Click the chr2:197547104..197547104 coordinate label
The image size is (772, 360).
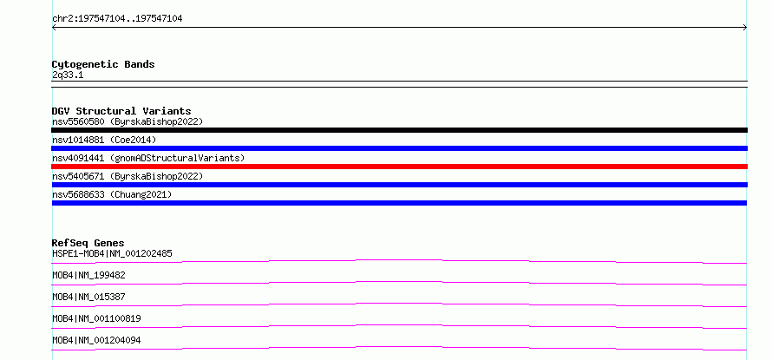[117, 19]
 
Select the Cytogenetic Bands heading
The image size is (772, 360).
[103, 64]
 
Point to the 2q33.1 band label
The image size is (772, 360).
[68, 75]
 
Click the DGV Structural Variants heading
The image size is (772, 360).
[121, 111]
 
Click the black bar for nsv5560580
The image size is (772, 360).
[399, 130]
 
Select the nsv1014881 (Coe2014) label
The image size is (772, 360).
[104, 140]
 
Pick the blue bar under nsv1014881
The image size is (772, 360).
[399, 148]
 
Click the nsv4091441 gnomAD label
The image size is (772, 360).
[148, 158]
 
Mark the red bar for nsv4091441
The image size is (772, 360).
[399, 167]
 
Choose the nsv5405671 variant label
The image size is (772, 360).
[128, 176]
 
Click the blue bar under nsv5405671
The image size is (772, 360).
[399, 185]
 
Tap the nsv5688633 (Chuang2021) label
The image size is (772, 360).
[112, 194]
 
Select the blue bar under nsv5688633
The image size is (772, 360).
[399, 203]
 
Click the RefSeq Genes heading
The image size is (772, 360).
[88, 243]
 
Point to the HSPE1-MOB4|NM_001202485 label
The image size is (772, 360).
[112, 253]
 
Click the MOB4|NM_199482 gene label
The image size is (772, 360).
[88, 275]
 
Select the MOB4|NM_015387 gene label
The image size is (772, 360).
[88, 297]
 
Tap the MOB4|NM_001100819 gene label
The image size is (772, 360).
[96, 318]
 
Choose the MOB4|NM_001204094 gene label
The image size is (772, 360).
[96, 340]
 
